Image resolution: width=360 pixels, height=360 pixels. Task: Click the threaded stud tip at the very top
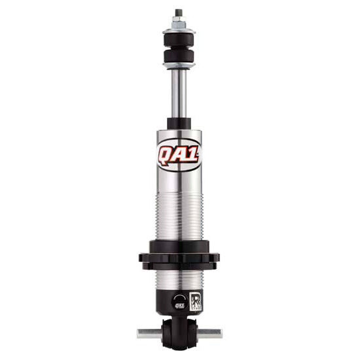point(178,12)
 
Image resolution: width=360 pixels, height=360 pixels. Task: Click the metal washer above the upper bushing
point(178,29)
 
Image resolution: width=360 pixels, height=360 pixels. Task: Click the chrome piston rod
point(178,92)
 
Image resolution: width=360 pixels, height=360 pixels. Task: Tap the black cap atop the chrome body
point(179,124)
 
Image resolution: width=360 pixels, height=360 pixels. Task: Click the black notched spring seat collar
point(179,255)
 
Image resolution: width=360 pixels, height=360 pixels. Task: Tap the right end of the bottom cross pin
point(213,333)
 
